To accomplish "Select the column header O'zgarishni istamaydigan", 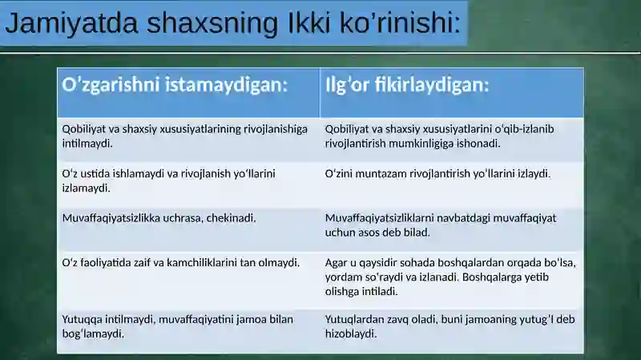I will coord(175,85).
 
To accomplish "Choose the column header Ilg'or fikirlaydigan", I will coord(407,85).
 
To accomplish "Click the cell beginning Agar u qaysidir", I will coord(450,277).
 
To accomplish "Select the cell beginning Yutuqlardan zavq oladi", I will coord(450,326).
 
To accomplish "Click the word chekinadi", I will coord(232,217).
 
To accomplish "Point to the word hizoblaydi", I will coord(351,334).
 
